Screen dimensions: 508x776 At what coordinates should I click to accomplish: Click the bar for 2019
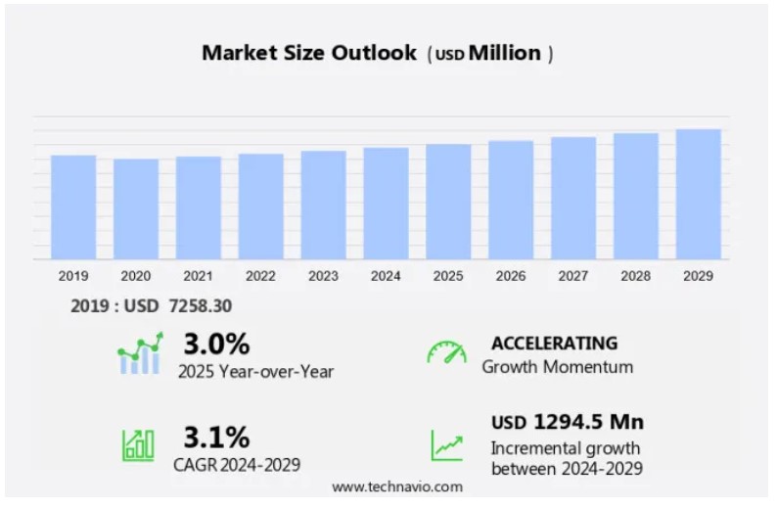tap(73, 207)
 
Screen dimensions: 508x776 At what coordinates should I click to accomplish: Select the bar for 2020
tap(136, 208)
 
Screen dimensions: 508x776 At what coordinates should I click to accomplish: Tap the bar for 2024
tap(386, 203)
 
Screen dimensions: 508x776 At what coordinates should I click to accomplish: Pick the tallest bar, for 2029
tap(699, 194)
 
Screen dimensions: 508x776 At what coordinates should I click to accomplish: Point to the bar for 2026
tap(511, 200)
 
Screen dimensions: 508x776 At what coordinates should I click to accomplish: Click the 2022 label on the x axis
tap(260, 276)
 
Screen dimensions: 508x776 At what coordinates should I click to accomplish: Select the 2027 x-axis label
tap(573, 276)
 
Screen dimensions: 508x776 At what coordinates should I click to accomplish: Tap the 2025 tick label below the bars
tap(448, 276)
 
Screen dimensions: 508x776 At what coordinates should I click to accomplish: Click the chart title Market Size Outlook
tap(308, 53)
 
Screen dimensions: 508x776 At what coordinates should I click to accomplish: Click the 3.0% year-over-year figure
tap(216, 345)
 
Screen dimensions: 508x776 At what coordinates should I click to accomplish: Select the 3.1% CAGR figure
tap(216, 437)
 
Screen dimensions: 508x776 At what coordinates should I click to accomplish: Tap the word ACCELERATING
tap(554, 344)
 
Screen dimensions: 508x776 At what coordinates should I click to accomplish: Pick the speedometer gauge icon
tap(446, 352)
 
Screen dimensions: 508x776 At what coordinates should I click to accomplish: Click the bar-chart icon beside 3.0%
tap(139, 354)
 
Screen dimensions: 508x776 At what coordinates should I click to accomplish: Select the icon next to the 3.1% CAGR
tap(138, 445)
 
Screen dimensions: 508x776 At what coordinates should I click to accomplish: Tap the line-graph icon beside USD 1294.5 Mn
tap(447, 445)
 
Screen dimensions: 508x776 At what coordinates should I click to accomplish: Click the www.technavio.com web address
tap(397, 486)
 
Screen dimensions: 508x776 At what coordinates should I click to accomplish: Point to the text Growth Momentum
tap(558, 368)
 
